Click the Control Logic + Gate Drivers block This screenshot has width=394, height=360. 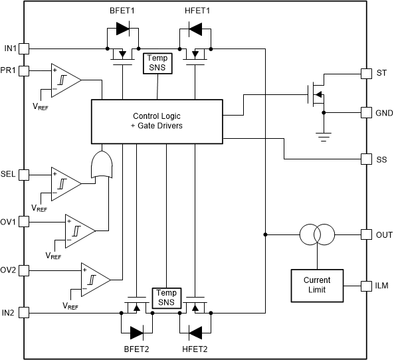(157, 120)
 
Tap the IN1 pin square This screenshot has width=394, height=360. (24, 48)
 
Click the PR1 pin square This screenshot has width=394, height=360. (24, 70)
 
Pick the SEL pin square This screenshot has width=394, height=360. (24, 175)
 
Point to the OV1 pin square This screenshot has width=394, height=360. (24, 221)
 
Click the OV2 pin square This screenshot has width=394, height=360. (24, 270)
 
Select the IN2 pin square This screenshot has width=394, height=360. (24, 312)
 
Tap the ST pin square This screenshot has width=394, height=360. (365, 72)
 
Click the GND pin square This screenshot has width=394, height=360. (365, 112)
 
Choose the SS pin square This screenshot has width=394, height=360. (365, 159)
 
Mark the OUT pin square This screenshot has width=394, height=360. (365, 234)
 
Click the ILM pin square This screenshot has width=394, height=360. (365, 286)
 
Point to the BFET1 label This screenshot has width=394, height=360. (122, 11)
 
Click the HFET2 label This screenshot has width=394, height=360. (195, 349)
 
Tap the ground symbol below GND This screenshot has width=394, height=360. (324, 137)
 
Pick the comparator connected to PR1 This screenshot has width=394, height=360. (66, 80)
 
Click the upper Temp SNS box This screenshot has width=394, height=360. (157, 63)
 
